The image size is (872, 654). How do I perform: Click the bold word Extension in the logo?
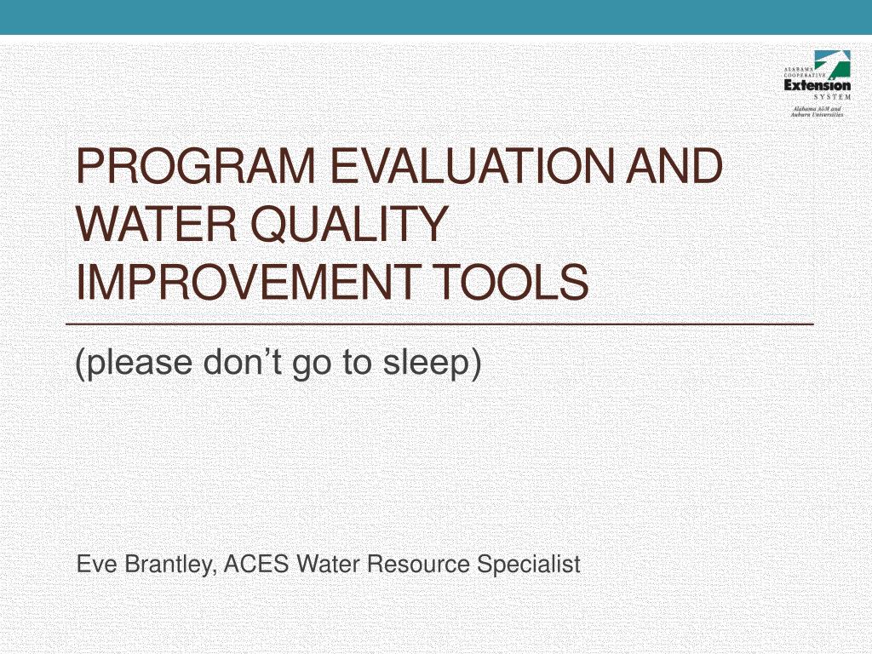click(x=817, y=85)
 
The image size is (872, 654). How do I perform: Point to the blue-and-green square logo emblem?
click(x=829, y=63)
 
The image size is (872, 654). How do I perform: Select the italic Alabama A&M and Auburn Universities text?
click(x=818, y=112)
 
